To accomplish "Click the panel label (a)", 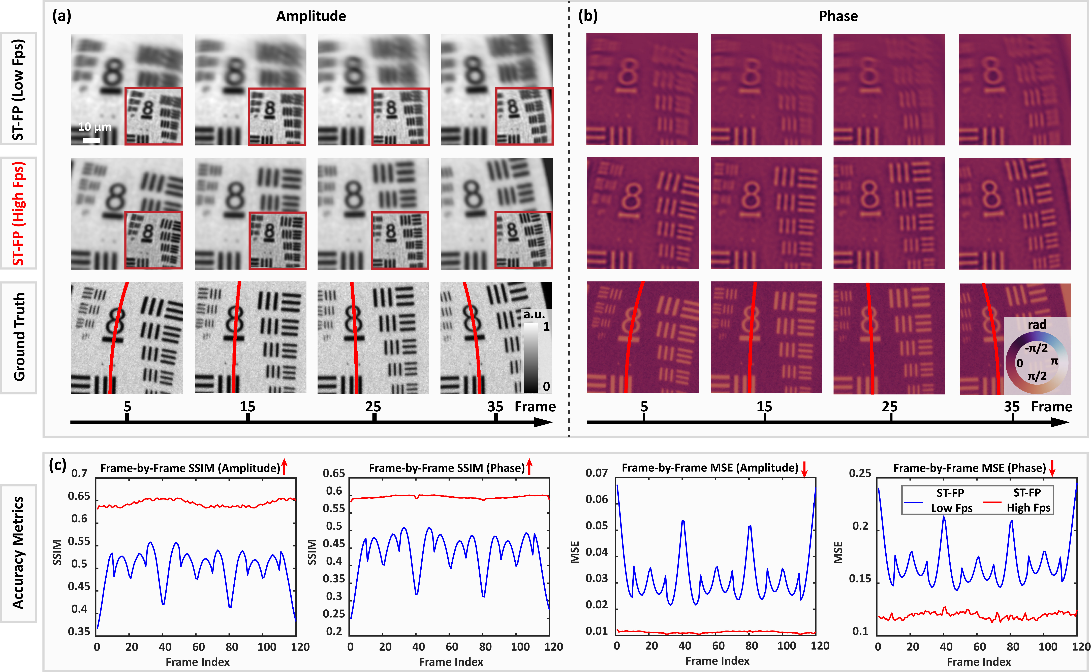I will pyautogui.click(x=61, y=16).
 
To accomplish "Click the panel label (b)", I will pyautogui.click(x=587, y=16).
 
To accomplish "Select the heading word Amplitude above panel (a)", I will pyautogui.click(x=311, y=16).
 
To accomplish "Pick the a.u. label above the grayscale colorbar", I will pyautogui.click(x=534, y=315).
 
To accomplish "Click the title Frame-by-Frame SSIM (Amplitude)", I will pyautogui.click(x=190, y=468).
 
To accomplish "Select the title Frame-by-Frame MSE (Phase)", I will pyautogui.click(x=969, y=468).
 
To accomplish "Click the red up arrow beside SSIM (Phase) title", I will pyautogui.click(x=529, y=467).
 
